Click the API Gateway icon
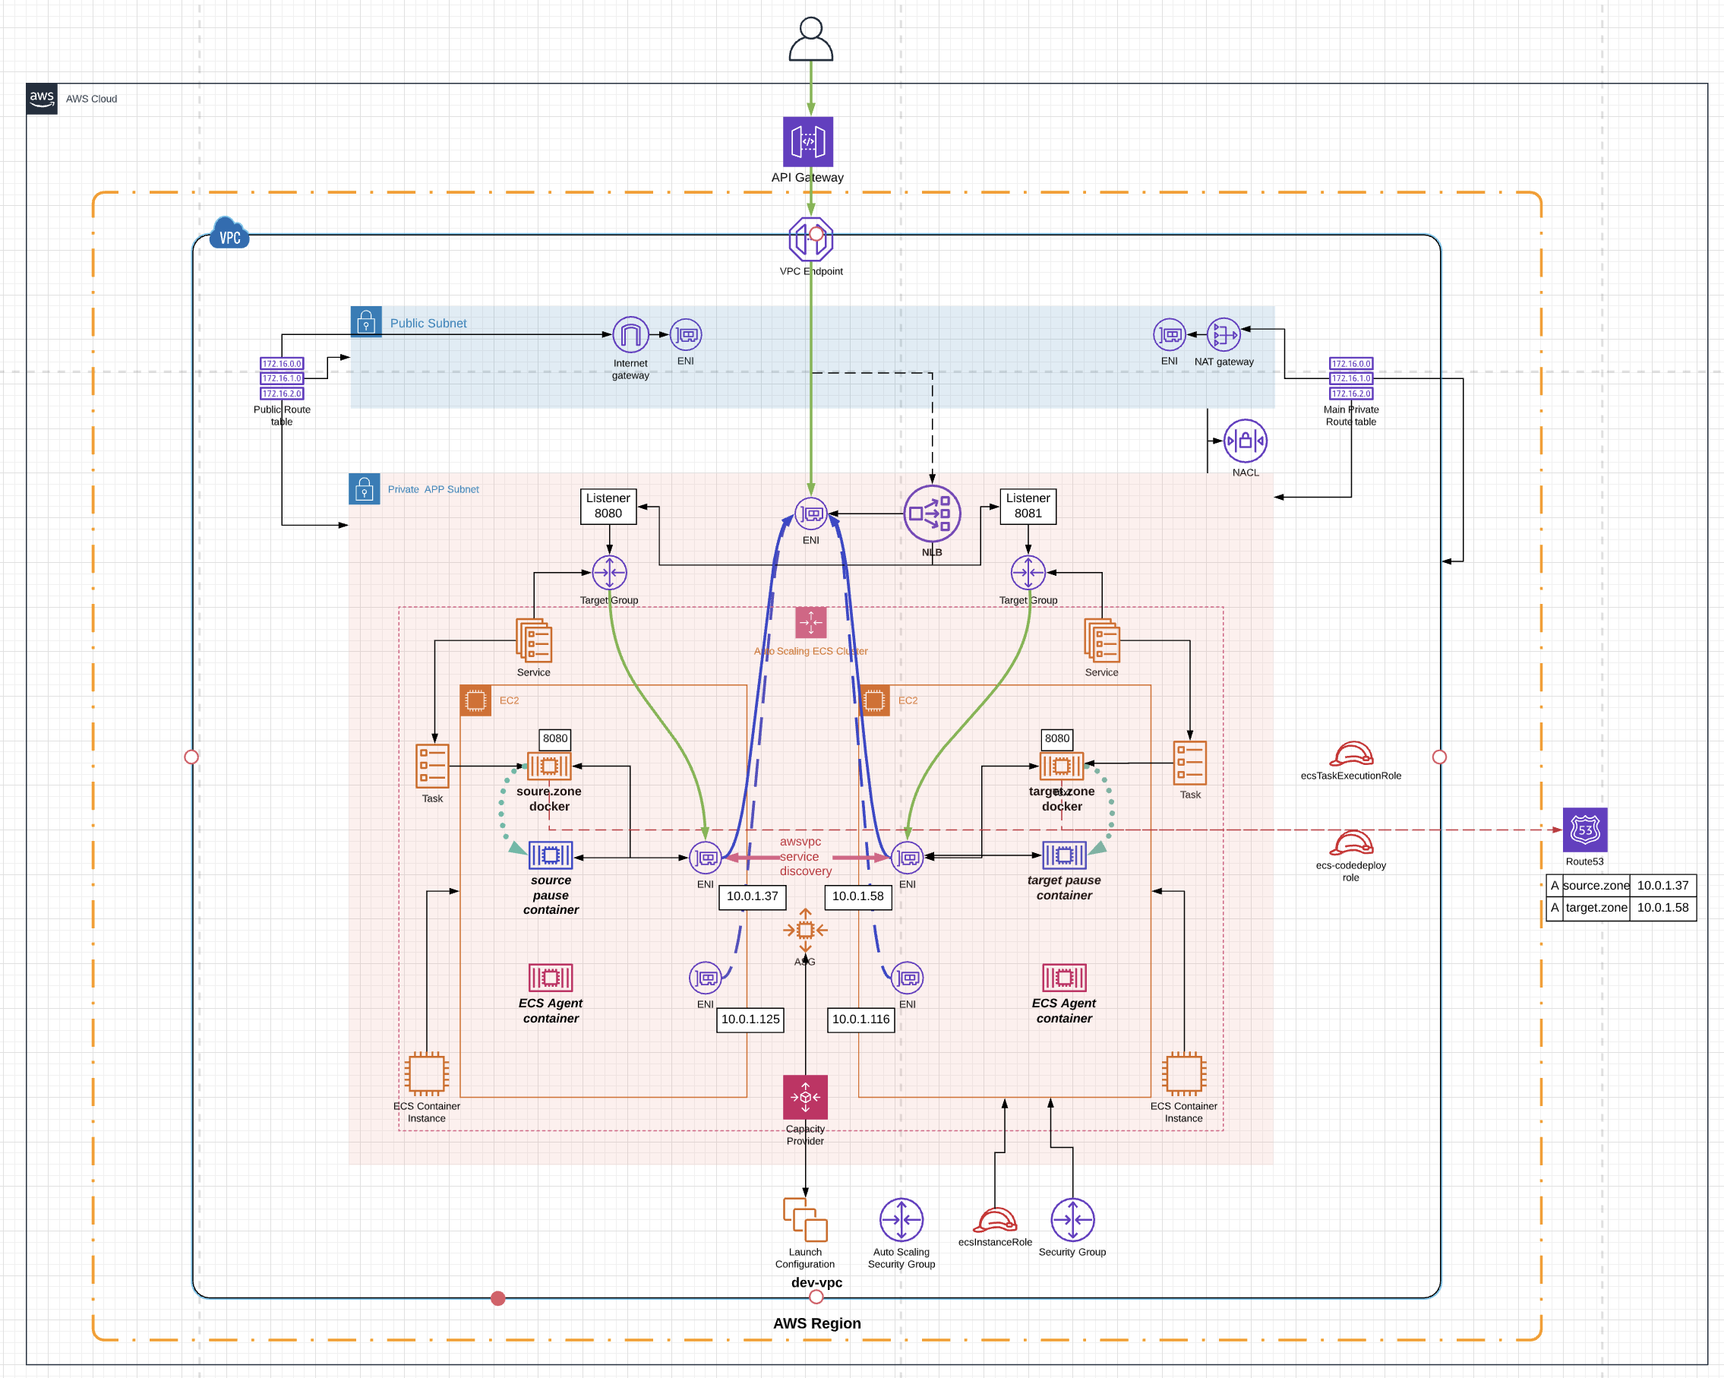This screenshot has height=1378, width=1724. [x=807, y=141]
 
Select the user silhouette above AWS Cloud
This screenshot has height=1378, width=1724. [x=811, y=40]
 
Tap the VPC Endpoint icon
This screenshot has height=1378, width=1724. [x=811, y=239]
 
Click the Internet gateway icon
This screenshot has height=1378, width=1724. [x=630, y=335]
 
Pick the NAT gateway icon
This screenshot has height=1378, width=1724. [x=1224, y=334]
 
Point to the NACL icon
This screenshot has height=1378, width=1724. [x=1245, y=441]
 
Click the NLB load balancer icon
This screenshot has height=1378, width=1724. [x=932, y=514]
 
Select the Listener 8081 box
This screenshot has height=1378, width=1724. [x=1028, y=506]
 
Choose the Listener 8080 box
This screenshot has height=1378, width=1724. [x=608, y=506]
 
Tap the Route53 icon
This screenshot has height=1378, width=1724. [x=1584, y=830]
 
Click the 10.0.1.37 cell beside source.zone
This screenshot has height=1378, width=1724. [x=1662, y=885]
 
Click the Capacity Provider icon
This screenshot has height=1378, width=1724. [x=805, y=1097]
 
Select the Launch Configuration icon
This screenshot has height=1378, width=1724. [x=805, y=1220]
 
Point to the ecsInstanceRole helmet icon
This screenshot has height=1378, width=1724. [x=995, y=1220]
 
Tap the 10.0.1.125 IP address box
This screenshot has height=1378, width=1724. [x=750, y=1019]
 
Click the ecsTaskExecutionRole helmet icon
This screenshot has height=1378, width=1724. [x=1350, y=754]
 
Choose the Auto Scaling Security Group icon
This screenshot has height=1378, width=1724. [x=901, y=1220]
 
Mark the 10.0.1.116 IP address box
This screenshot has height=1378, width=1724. [x=860, y=1019]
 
